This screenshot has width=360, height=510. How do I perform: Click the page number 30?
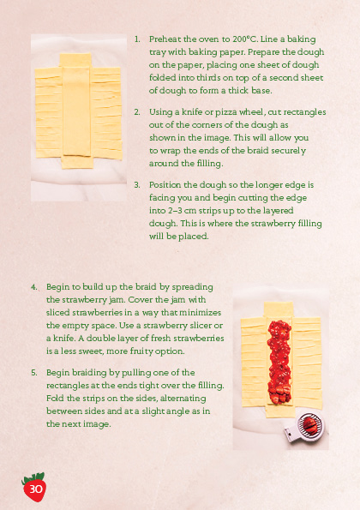click(35, 489)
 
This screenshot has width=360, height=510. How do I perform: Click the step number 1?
click(137, 39)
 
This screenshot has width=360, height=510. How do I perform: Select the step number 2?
click(137, 111)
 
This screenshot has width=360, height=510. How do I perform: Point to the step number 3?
click(137, 184)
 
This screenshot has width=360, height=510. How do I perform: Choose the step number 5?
click(34, 374)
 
